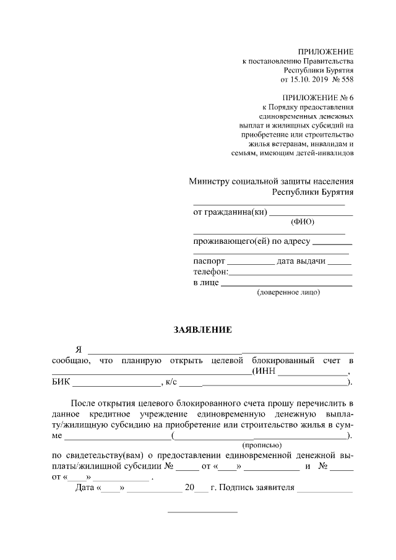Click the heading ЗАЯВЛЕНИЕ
202,330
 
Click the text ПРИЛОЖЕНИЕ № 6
318,98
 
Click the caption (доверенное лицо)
288,292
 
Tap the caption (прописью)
261,444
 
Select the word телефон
210,272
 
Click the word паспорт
209,261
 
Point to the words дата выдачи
301,261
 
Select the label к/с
171,382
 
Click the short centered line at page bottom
203,512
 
